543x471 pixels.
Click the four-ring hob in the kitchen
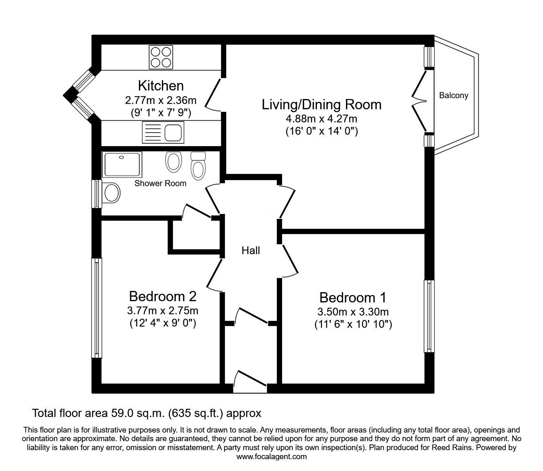pos(160,57)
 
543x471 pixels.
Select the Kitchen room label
pos(161,86)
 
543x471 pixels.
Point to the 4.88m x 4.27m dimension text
pos(321,119)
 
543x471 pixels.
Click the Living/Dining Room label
pos(321,104)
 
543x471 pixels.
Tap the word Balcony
pos(453,96)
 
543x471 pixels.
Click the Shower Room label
pos(160,183)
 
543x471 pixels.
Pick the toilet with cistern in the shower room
pos(198,165)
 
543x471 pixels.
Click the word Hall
pos(251,250)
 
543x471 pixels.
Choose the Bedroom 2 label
pos(163,296)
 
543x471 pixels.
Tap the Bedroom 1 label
pos(353,297)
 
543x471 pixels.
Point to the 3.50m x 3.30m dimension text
pos(353,312)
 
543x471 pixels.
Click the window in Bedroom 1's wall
pos(429,316)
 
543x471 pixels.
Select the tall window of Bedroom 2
pos(96,308)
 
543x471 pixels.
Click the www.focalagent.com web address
pos(271,456)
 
